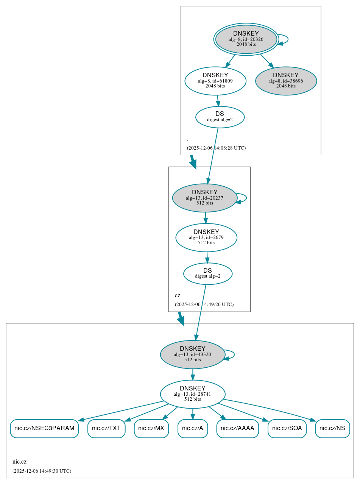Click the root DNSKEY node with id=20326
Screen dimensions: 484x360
(x=246, y=39)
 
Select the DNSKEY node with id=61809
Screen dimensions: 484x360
(x=215, y=81)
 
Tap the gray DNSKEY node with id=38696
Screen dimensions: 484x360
(x=286, y=81)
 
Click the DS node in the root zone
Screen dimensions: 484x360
(x=220, y=117)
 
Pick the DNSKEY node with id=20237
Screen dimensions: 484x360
(x=204, y=198)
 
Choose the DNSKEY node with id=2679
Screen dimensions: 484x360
(x=206, y=237)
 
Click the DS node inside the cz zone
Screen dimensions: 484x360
(x=207, y=273)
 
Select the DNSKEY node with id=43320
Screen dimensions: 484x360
(x=193, y=354)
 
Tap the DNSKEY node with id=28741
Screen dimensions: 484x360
(x=193, y=394)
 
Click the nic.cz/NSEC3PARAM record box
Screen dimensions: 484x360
(x=44, y=429)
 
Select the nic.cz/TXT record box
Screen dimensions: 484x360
(x=106, y=429)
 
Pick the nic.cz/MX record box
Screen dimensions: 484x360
(x=151, y=429)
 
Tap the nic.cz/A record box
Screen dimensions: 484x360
(x=193, y=429)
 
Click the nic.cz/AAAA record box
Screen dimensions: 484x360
(x=237, y=429)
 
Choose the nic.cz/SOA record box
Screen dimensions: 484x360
(x=287, y=429)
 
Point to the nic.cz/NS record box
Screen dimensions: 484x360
(x=332, y=429)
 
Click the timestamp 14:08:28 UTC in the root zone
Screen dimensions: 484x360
(x=216, y=148)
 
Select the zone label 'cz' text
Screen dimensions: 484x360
(x=178, y=295)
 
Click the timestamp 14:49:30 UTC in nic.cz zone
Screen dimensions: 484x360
(x=42, y=471)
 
